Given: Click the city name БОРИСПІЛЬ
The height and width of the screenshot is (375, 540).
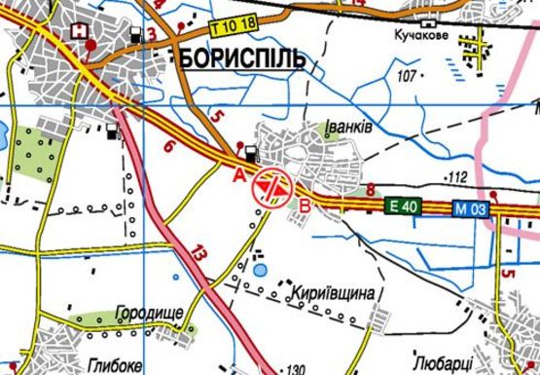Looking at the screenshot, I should click(242, 58).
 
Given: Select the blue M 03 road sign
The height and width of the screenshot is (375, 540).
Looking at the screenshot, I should click(470, 206).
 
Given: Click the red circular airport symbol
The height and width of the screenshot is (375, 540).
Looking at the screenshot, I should click(271, 186).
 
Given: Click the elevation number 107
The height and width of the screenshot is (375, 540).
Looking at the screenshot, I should click(407, 75).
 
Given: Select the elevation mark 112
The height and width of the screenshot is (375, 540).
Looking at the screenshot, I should click(456, 176).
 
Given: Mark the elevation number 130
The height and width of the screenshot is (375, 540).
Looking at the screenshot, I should click(298, 368).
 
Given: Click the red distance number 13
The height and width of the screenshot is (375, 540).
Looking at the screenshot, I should click(200, 252).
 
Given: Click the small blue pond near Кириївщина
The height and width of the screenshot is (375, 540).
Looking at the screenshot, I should click(261, 268).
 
